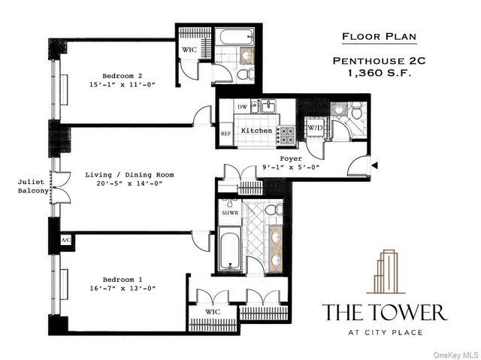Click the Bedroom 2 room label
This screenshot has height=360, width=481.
[123, 76]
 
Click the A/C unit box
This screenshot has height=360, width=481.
[64, 240]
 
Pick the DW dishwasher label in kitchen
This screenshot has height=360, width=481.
[242, 107]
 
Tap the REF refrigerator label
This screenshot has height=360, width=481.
[225, 134]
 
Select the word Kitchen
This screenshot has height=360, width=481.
[256, 131]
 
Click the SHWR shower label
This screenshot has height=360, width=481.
[228, 213]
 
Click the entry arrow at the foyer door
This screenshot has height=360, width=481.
[375, 165]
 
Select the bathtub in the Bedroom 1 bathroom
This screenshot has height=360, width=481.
[228, 253]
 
